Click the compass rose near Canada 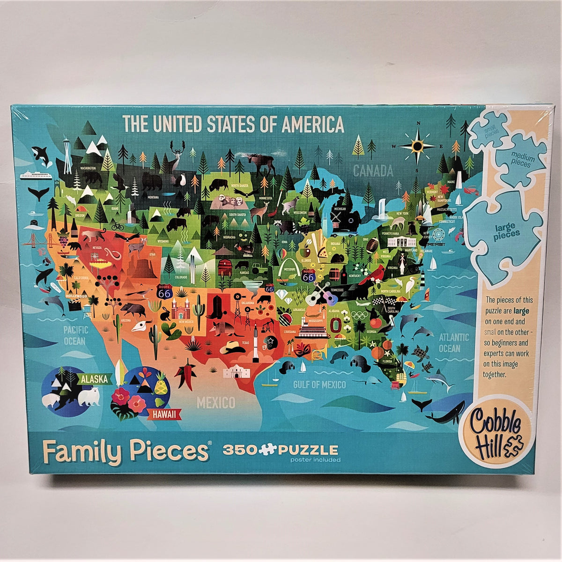(417, 145)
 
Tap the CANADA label (373, 170)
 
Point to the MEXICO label (215, 402)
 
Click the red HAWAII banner (164, 414)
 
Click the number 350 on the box (239, 451)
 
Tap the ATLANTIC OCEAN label (453, 343)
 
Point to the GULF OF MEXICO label (319, 385)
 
